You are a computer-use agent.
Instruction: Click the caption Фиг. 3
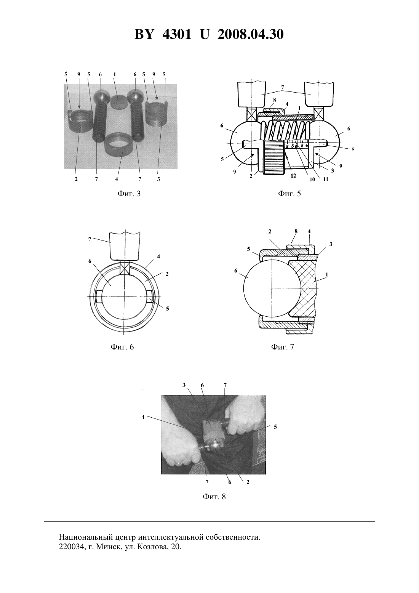pos(129,194)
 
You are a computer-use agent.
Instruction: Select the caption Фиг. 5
pos(289,194)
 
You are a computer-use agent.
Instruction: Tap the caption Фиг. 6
pos(122,347)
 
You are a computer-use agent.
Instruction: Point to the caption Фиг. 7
pos(283,347)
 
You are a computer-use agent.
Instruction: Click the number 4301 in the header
pos(177,34)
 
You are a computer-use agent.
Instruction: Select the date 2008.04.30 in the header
pos(251,34)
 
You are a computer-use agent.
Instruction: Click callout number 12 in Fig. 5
pos(293,176)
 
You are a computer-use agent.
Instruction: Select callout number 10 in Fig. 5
pos(312,179)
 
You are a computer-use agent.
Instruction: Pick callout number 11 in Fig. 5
pos(325,179)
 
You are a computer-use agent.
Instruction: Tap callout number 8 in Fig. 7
pos(296,231)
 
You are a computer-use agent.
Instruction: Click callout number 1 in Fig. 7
pos(327,275)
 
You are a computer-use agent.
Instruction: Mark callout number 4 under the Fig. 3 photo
pos(117,179)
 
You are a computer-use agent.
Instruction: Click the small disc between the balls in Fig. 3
pos(118,101)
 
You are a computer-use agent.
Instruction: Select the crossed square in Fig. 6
pos(125,268)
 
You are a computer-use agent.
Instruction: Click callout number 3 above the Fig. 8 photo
pos(184,385)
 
